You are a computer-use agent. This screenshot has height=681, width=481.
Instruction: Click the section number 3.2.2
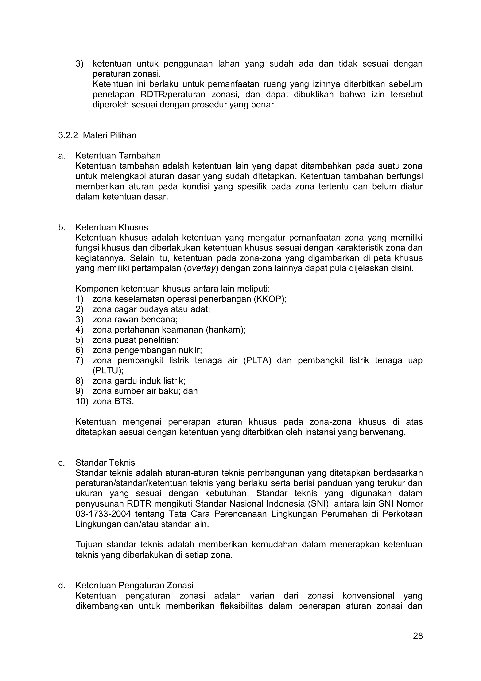[68, 135]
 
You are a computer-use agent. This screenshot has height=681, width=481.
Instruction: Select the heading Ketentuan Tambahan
[118, 156]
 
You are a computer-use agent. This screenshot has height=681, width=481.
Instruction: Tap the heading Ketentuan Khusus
[112, 227]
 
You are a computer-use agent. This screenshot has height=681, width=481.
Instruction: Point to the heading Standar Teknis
[105, 463]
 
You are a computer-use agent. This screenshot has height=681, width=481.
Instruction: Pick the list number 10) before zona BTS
[82, 401]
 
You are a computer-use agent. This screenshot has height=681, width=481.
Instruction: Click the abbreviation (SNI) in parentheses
[319, 504]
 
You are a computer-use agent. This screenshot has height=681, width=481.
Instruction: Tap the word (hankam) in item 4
[226, 330]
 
